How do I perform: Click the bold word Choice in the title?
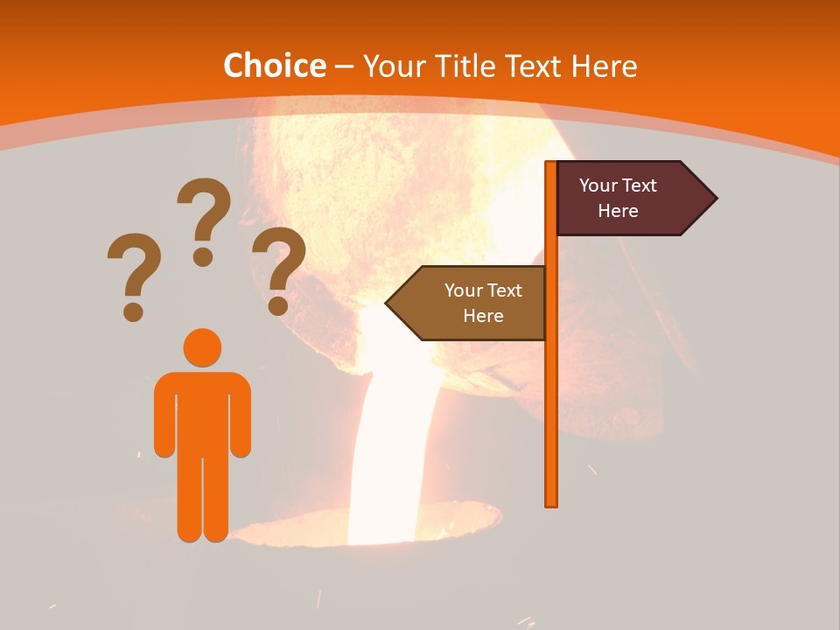(274, 66)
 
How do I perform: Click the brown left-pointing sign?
(472, 303)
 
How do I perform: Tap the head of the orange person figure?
(202, 347)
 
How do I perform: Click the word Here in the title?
(605, 66)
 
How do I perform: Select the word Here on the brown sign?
(483, 316)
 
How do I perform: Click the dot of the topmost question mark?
(203, 256)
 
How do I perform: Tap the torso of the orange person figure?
(202, 411)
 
